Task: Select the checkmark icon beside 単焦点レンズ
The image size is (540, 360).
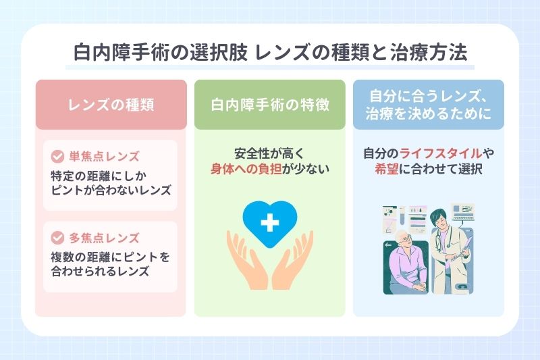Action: coord(57,157)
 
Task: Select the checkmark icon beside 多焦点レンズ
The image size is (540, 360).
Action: coord(57,238)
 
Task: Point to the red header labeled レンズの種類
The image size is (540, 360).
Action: coord(111,105)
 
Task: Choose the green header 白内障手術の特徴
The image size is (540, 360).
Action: coord(269,105)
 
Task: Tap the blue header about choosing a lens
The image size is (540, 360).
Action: coord(428,105)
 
